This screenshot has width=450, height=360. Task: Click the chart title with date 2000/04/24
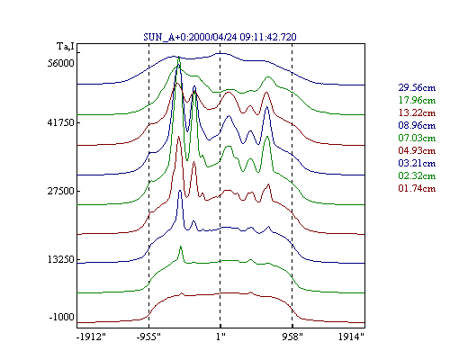[220, 37]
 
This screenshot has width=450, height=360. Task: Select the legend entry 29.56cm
[417, 87]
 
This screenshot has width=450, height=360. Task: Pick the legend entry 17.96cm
[417, 100]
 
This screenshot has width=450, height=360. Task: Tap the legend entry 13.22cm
[417, 112]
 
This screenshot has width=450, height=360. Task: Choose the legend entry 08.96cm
[417, 125]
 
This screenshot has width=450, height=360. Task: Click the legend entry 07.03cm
[417, 138]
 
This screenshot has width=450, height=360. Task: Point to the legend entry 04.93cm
[417, 150]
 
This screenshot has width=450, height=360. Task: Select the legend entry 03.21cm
[417, 163]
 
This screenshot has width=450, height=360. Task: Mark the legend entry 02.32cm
[417, 175]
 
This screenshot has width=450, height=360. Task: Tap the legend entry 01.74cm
[417, 188]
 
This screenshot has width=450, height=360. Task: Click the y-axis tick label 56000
[60, 63]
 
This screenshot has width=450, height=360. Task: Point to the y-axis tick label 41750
[60, 122]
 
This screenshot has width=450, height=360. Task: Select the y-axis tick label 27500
[60, 191]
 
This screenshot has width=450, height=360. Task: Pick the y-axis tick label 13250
[60, 259]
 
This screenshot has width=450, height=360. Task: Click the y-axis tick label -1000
[61, 317]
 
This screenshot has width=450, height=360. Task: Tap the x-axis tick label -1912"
[91, 337]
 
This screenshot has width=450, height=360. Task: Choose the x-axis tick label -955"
[148, 337]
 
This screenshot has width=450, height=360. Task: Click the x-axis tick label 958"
[292, 337]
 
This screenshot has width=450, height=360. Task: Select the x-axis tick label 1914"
[351, 337]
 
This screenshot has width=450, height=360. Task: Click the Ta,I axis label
[66, 47]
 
